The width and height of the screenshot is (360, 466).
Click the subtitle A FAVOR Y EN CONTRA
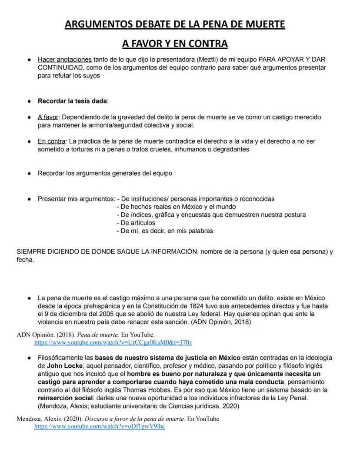point(175,44)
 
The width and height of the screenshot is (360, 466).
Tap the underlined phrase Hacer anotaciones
point(64,59)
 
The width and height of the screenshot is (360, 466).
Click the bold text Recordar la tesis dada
point(72,101)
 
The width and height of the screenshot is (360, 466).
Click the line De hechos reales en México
point(176,207)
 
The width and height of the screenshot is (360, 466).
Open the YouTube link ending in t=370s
point(113,343)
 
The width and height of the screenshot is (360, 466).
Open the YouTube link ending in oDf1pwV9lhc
point(100,426)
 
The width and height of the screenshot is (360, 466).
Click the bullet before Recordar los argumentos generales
point(29,173)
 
